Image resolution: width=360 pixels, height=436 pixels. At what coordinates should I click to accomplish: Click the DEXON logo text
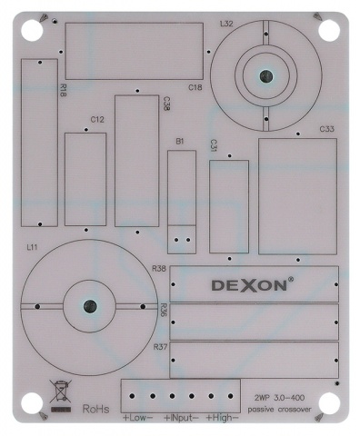click(x=252, y=284)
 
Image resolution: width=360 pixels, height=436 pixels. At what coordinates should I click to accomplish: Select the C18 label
click(x=195, y=87)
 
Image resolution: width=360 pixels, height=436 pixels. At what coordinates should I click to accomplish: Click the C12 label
click(x=97, y=119)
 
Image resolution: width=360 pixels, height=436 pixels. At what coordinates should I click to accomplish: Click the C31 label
click(x=214, y=145)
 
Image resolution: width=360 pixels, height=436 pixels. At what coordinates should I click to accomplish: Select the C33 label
click(x=327, y=130)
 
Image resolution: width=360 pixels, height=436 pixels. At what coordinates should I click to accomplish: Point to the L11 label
click(x=32, y=246)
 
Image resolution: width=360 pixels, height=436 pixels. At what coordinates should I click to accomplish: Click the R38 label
click(x=159, y=269)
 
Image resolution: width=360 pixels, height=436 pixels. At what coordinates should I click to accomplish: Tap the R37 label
click(x=159, y=347)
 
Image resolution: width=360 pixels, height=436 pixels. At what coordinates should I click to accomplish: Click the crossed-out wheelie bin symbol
click(x=60, y=396)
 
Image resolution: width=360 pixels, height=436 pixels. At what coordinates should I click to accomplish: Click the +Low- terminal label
click(x=138, y=419)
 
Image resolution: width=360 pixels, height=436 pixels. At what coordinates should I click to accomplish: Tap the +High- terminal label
click(x=222, y=419)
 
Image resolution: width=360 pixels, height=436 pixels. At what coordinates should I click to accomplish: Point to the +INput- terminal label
click(x=180, y=419)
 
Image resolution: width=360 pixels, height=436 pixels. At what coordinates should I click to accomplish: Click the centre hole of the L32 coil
click(x=265, y=78)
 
